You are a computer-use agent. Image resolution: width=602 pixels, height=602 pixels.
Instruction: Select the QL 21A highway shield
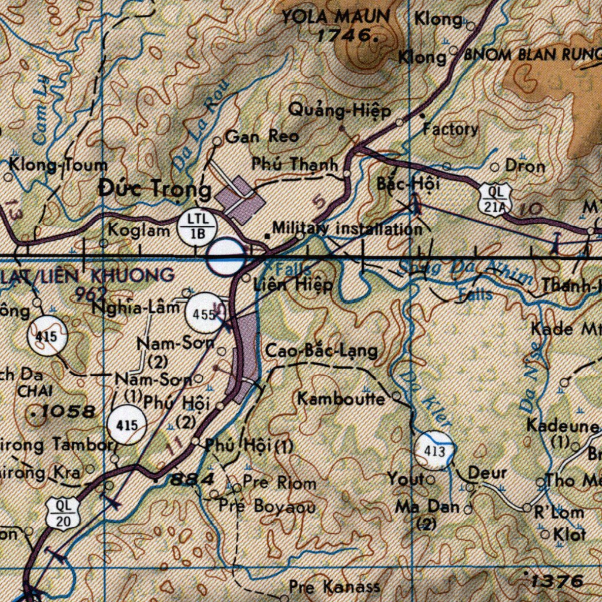493,199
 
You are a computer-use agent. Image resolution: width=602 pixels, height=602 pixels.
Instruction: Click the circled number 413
434,451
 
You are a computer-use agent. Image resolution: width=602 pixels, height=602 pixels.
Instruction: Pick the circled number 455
203,313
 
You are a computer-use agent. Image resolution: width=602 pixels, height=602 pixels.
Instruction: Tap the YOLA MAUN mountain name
335,16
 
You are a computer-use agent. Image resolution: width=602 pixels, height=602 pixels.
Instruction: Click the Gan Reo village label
262,137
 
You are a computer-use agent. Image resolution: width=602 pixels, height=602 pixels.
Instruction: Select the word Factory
450,129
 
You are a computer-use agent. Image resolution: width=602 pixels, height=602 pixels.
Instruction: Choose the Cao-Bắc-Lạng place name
321,352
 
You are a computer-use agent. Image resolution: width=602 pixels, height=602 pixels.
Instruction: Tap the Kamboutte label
341,399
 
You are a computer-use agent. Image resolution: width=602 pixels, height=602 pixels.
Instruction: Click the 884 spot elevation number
192,480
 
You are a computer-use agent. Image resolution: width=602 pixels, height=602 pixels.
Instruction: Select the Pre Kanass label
334,586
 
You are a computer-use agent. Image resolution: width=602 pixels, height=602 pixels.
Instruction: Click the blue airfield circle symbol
226,257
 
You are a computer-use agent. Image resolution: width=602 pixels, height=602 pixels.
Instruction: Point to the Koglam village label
139,230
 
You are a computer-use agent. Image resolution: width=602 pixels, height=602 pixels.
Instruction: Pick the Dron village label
524,166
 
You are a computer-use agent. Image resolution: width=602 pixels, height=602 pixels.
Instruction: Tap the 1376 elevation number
556,581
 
